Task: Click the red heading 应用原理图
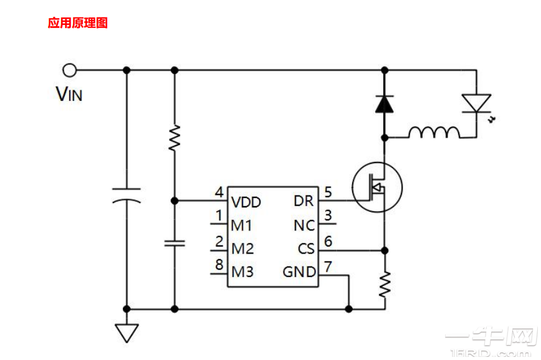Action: tap(78, 24)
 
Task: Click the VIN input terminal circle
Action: tap(70, 70)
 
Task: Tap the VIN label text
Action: tap(69, 95)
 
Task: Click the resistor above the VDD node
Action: tap(175, 139)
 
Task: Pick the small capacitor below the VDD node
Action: tap(175, 242)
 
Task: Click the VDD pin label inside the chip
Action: tap(246, 202)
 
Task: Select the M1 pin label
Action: tap(242, 225)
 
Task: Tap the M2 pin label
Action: tap(242, 249)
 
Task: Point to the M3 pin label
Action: tap(242, 272)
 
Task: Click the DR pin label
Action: tap(304, 202)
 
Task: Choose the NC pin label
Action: tap(304, 225)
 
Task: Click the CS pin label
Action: tap(305, 249)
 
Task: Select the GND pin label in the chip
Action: tap(299, 272)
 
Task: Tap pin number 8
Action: tap(219, 264)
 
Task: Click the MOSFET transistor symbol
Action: tap(377, 187)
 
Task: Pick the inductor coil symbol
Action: tap(434, 133)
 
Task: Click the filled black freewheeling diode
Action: tap(385, 103)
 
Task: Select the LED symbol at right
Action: tap(476, 103)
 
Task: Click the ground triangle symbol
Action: tap(127, 333)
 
